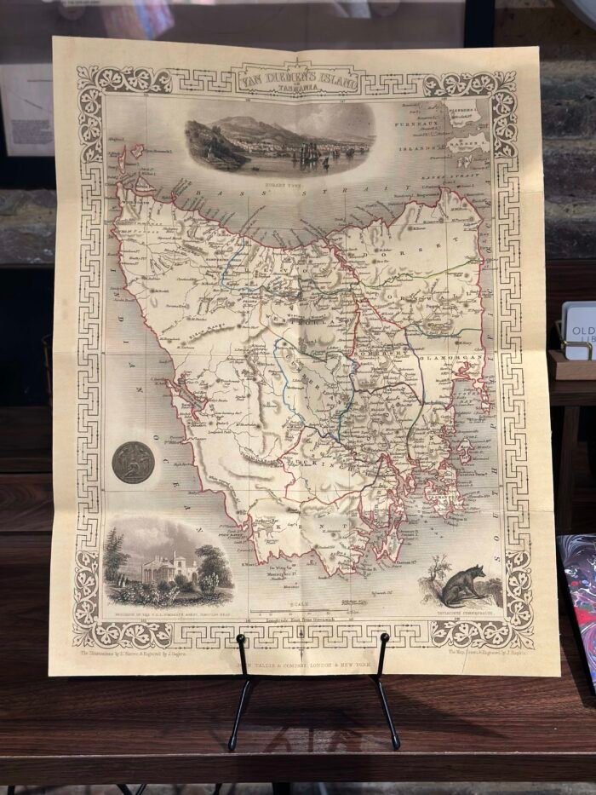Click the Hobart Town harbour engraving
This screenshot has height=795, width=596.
[x=279, y=140]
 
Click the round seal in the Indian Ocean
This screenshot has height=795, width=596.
[x=134, y=462]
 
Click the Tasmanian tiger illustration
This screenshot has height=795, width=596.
[x=457, y=586]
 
